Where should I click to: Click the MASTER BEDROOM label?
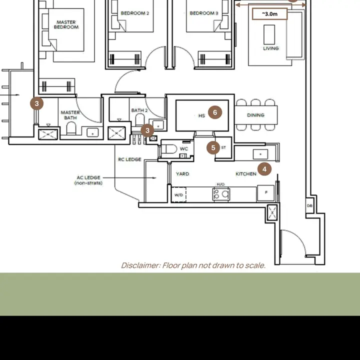coord(66,24)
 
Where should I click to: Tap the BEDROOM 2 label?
coord(135,13)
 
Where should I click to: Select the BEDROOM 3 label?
coord(204,13)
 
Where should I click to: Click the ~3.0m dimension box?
coord(270,14)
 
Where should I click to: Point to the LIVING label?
coord(271,48)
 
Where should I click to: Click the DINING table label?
coord(255,115)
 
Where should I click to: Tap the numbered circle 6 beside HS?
coord(215,112)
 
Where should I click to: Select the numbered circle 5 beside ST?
coord(213,147)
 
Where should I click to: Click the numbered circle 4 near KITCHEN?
coord(264,169)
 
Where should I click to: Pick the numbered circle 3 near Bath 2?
coord(147,130)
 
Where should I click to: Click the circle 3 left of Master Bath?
coord(36,103)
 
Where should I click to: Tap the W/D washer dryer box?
coord(179,194)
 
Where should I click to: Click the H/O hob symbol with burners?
coord(221,194)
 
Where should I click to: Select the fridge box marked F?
coord(266,193)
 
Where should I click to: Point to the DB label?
coord(309,205)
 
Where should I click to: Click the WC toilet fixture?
coord(169,149)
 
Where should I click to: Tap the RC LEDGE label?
coord(129,159)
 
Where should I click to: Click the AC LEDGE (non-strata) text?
coord(88,180)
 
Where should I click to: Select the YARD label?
coord(182,174)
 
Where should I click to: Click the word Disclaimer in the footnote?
coord(140,265)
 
